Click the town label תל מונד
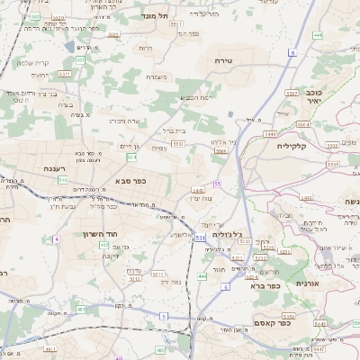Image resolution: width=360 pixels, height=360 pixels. tap(156, 15)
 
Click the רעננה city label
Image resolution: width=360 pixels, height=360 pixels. tap(57, 168)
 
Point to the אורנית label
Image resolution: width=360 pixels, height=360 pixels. tap(332, 283)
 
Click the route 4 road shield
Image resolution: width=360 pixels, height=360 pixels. tap(55, 238)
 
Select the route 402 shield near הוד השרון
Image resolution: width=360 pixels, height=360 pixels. tap(103, 245)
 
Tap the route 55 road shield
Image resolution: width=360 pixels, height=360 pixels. tap(217, 184)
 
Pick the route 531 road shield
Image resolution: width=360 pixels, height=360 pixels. tap(199, 238)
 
